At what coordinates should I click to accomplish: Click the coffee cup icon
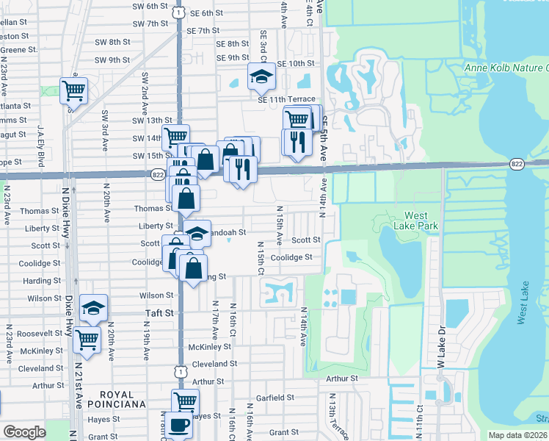point(178,425)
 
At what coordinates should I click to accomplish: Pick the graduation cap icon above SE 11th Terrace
point(261,76)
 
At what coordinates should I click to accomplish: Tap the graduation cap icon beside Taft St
point(93,308)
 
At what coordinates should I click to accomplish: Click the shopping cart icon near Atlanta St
point(73,91)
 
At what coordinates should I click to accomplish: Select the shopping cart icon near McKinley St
point(87,340)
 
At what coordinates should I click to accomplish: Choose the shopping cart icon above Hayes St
point(185,401)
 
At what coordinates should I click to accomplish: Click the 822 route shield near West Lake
point(517,164)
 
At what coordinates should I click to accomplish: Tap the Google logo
point(24,432)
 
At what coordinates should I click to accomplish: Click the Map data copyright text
point(518,435)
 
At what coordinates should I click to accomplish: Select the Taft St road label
point(157,312)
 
